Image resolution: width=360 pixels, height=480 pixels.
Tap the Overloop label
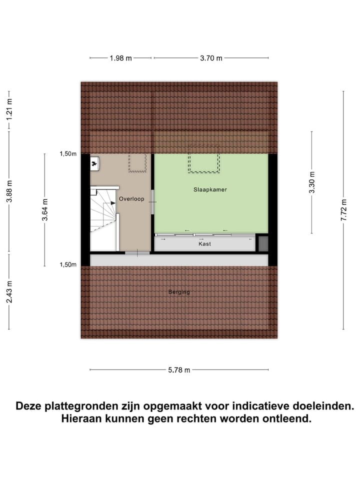click(131, 199)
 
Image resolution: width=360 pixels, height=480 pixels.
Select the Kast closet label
click(204, 244)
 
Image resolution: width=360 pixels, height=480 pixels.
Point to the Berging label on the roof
click(179, 292)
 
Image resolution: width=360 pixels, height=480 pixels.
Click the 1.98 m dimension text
click(120, 58)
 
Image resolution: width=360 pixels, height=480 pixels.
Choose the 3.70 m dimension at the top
click(210, 58)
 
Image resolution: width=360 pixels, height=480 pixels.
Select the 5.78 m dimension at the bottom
click(179, 370)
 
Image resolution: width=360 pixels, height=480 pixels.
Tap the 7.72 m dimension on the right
click(343, 210)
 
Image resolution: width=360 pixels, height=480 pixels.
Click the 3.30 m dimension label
click(312, 182)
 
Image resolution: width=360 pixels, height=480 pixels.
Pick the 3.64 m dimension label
click(44, 210)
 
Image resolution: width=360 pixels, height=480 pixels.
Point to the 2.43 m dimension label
click(9, 291)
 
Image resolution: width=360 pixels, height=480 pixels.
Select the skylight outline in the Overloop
click(137, 162)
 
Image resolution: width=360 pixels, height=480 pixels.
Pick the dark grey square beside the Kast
click(263, 243)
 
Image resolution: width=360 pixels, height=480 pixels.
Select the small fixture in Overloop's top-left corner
click(95, 163)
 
